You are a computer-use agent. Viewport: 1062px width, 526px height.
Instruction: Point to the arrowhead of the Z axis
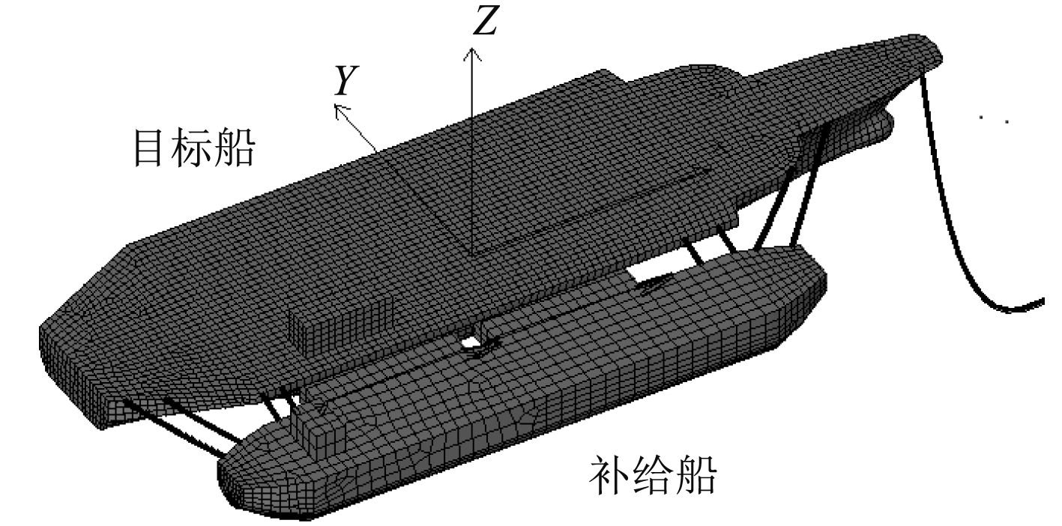tap(471, 52)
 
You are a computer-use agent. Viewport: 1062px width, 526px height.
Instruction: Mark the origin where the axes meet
tap(471, 253)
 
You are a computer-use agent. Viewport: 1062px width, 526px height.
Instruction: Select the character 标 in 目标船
tap(193, 148)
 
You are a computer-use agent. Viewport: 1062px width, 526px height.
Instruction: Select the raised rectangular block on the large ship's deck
tap(342, 325)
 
